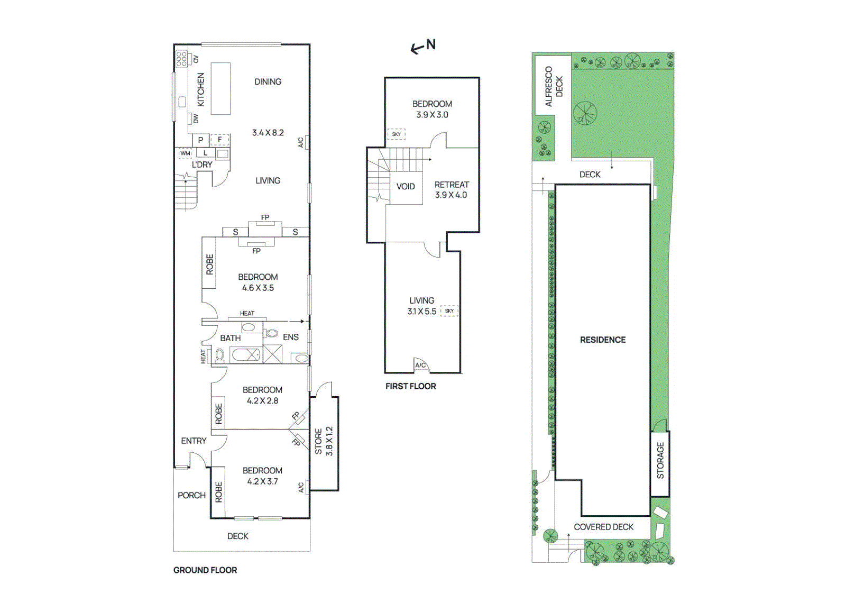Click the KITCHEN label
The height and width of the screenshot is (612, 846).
pos(200,90)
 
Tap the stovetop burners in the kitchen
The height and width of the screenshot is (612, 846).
pos(182,59)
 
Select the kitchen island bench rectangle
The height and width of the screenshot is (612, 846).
pos(220,88)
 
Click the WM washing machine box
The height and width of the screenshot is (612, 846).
pos(185,153)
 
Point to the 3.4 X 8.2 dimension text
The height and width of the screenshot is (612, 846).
pos(268,133)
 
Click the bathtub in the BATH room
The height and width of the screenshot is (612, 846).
pos(245,355)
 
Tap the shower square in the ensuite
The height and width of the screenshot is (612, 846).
pos(273,354)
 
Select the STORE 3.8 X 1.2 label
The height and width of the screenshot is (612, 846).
pos(324,441)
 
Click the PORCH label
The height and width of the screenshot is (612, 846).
pos(191,495)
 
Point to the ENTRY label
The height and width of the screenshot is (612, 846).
pos(194,441)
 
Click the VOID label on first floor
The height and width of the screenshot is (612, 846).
pos(406,186)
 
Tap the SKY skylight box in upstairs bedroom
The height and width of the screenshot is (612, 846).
pos(396,134)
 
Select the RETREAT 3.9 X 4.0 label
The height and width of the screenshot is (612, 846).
pos(452,190)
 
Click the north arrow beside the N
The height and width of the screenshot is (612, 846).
pos(417,49)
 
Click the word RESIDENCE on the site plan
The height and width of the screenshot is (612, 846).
pos(603,340)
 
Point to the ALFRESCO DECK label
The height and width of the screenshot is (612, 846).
pos(554,87)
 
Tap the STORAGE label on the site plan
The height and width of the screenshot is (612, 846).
pos(660,461)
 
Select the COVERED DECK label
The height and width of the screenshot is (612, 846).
pos(603,527)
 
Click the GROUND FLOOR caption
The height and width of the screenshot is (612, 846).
pos(205,570)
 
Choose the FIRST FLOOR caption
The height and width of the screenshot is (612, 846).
pos(410,386)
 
